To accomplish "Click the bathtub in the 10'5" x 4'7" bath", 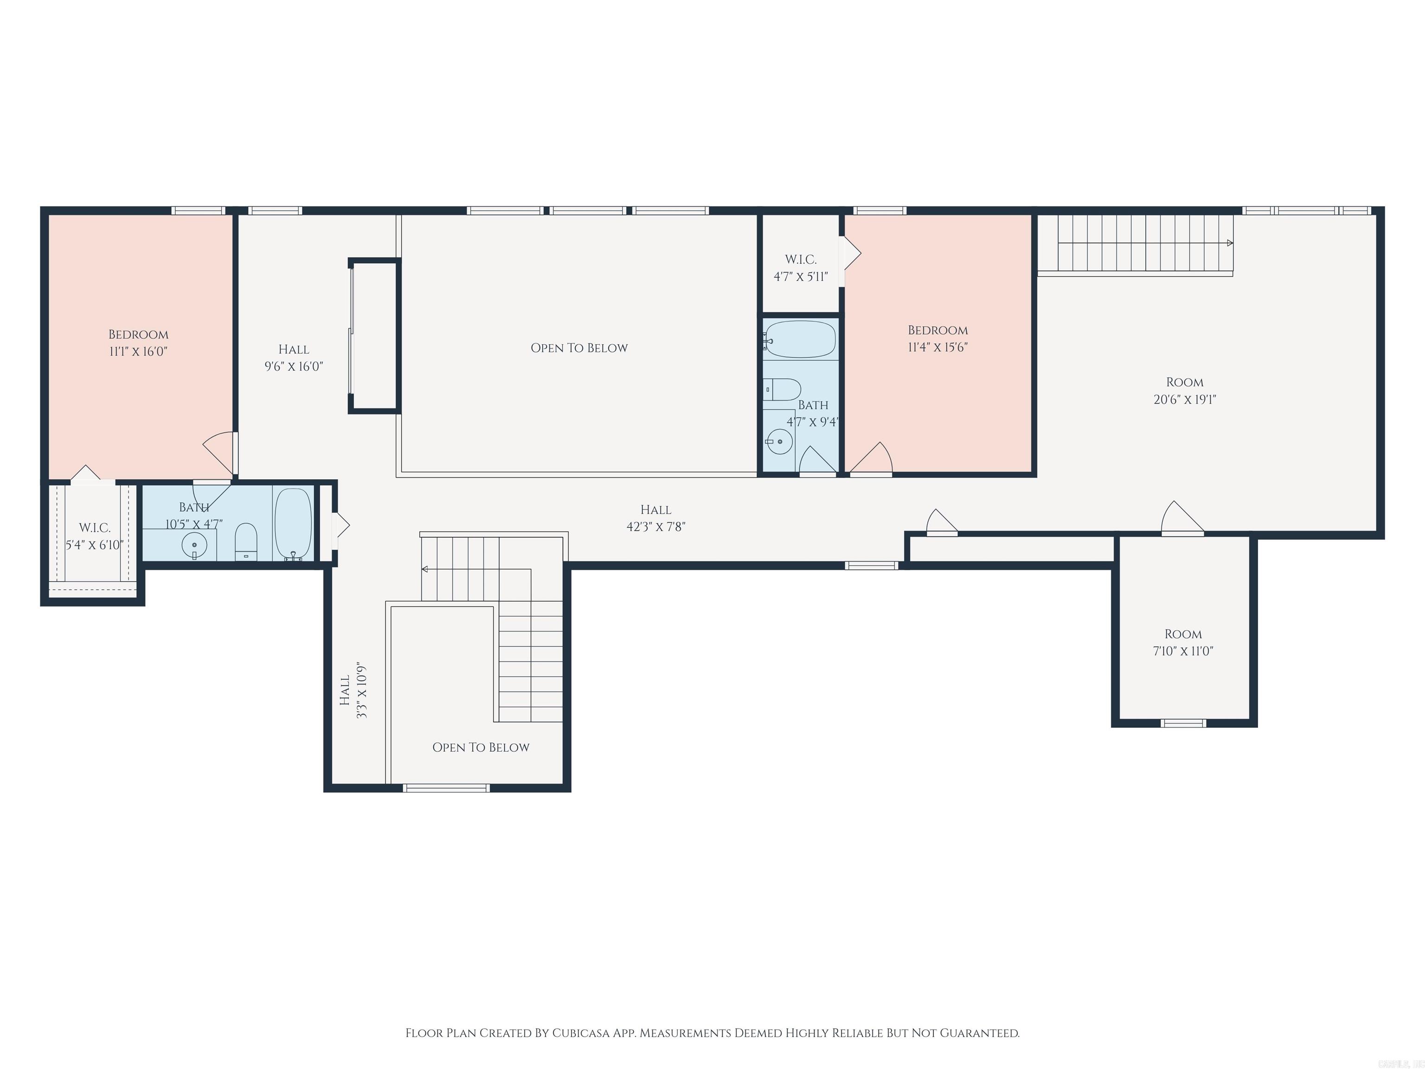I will tap(293, 523).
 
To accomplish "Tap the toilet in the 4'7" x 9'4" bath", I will tap(782, 389).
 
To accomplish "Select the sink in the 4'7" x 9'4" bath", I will tap(779, 441).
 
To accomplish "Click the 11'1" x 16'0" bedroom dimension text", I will tap(139, 351).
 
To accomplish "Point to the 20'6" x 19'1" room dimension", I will tap(1185, 399).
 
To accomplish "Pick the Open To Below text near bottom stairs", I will tap(481, 747).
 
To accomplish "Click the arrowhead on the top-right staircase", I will tap(1230, 243).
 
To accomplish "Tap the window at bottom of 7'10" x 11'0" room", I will tap(1183, 723).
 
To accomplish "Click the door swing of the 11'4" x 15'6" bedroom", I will tap(872, 459).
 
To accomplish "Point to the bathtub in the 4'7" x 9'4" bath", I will tap(800, 338).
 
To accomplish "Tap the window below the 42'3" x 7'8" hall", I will tap(871, 566).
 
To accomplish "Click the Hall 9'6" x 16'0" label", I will tap(294, 358).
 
